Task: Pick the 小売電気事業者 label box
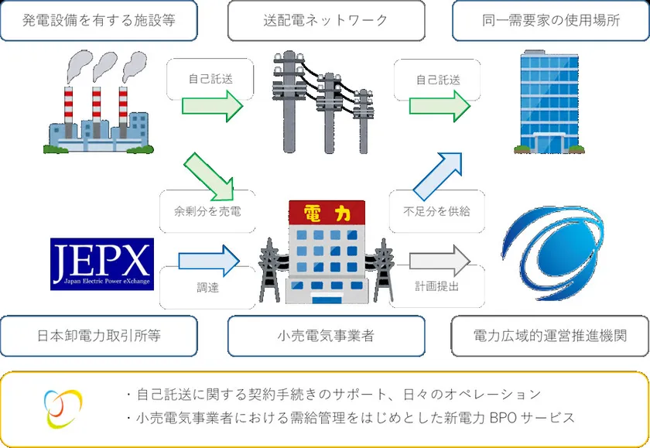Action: pos(326,336)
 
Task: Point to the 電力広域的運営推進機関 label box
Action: pos(550,336)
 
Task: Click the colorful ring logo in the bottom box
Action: pos(63,408)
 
